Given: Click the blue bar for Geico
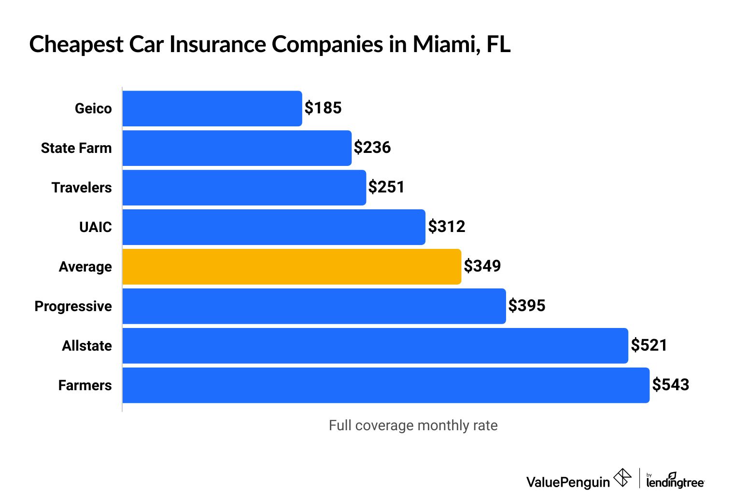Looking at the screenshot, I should click(x=212, y=109).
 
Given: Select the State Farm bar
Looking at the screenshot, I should click(x=237, y=148).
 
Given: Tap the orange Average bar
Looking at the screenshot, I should click(x=292, y=267).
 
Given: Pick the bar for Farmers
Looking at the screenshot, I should click(x=385, y=385).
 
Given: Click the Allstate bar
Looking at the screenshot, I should click(x=375, y=346).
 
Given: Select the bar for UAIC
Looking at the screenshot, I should click(x=274, y=227).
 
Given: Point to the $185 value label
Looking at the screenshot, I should click(x=323, y=108).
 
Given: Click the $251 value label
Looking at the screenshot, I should click(x=386, y=187).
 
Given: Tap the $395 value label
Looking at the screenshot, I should click(x=527, y=306).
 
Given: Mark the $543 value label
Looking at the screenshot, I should click(x=670, y=385).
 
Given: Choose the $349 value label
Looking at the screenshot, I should click(x=482, y=266).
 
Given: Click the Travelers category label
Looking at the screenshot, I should click(x=82, y=188).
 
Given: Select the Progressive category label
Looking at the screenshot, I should click(x=73, y=306).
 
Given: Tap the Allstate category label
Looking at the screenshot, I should click(x=87, y=346).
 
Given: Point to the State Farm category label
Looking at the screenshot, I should click(x=76, y=148).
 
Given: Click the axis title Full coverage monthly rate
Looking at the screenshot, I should click(x=413, y=425).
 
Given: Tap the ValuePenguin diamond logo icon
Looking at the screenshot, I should click(x=622, y=478).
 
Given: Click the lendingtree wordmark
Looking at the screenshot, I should click(x=675, y=482).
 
